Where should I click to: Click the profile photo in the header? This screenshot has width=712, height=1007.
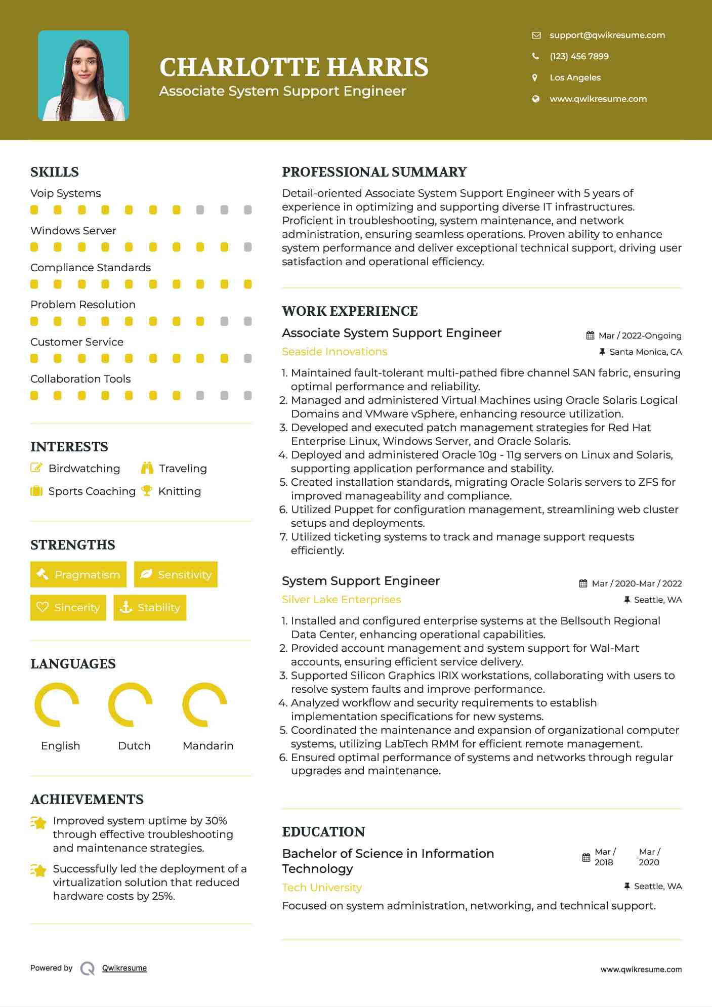(x=83, y=76)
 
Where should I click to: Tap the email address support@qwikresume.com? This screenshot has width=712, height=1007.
(x=607, y=35)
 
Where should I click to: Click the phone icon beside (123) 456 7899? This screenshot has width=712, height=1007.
(x=535, y=56)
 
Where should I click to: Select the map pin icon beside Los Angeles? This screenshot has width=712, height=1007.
(x=535, y=77)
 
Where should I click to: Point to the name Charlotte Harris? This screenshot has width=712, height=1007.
(x=294, y=67)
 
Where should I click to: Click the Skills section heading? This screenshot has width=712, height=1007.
(x=55, y=172)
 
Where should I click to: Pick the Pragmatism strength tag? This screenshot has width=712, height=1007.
(x=78, y=574)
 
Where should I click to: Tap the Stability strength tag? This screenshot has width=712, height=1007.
(x=150, y=607)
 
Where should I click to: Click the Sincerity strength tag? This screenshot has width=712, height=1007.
(x=68, y=607)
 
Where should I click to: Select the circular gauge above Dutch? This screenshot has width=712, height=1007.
(x=131, y=704)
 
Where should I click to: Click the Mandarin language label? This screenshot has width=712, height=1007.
(x=207, y=745)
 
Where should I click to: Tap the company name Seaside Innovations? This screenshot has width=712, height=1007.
(x=334, y=352)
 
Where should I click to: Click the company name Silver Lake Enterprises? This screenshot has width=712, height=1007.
(x=341, y=600)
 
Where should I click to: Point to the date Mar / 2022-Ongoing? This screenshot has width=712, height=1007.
(x=640, y=335)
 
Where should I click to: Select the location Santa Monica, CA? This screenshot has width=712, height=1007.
(x=645, y=352)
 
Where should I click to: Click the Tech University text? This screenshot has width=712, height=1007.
(x=322, y=887)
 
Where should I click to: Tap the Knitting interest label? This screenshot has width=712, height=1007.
(x=179, y=491)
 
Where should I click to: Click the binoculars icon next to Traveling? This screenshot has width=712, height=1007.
(x=147, y=468)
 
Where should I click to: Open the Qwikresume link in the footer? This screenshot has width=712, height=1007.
(x=124, y=968)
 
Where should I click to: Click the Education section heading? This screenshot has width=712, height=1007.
(x=323, y=832)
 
